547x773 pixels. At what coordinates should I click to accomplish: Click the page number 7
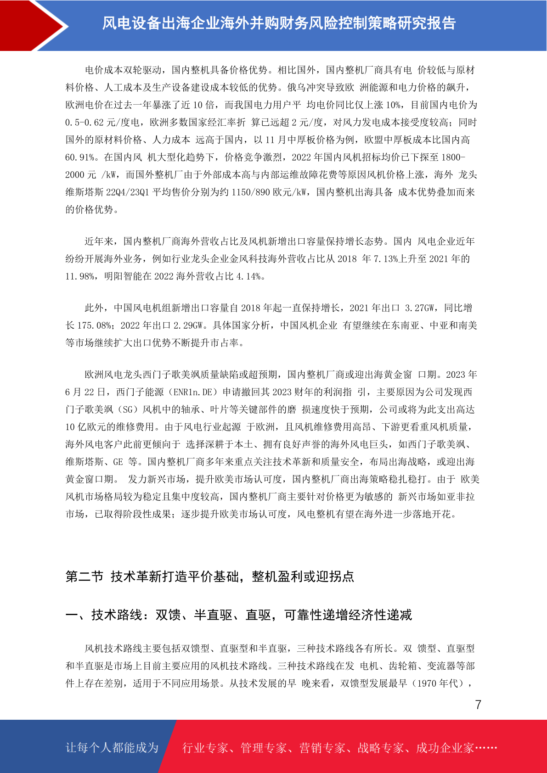tap(478, 705)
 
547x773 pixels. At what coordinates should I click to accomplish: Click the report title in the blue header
tap(278, 23)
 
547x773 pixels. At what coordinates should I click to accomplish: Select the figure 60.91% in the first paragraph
tap(80, 157)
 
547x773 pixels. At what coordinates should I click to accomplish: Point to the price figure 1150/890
tap(250, 192)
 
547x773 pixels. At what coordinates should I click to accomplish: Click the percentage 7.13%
tap(385, 259)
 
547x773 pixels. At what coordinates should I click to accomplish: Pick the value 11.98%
tap(80, 276)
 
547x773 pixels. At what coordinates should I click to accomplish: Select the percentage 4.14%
tap(248, 276)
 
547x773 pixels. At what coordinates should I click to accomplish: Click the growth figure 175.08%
tap(94, 325)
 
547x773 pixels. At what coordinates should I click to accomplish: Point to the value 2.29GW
tap(189, 325)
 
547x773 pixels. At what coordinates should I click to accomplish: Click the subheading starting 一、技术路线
tap(239, 615)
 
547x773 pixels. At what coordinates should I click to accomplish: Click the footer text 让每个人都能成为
tap(112, 748)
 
